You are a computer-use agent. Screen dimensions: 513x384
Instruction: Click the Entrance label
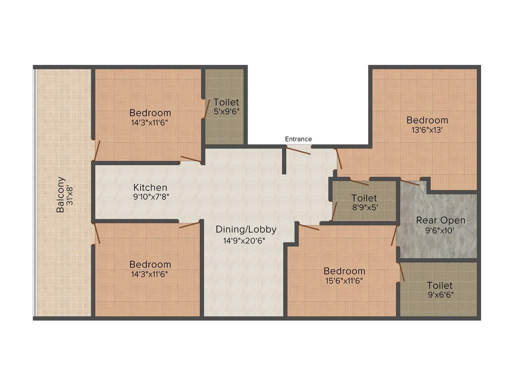tap(299, 139)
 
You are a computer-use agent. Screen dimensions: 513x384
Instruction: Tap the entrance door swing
tap(299, 150)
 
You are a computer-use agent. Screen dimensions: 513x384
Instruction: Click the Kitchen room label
tap(150, 187)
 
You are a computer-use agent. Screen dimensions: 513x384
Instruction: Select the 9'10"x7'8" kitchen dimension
tap(151, 197)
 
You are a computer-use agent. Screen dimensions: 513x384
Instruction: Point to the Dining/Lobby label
tap(246, 229)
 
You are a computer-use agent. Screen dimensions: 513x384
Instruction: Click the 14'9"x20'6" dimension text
tap(244, 241)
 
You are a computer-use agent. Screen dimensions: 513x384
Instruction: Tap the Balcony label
tap(61, 194)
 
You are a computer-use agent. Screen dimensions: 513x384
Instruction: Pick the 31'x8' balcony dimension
tap(70, 195)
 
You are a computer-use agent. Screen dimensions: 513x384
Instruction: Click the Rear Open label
tap(441, 220)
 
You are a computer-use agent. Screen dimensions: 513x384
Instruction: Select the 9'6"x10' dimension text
tap(440, 230)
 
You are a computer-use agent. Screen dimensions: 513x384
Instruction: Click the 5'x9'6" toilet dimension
tap(226, 111)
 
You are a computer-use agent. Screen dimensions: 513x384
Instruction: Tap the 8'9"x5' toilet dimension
tap(365, 207)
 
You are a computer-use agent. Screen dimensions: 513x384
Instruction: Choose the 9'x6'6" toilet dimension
tap(441, 295)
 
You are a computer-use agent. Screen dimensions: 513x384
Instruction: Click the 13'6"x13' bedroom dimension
tap(427, 130)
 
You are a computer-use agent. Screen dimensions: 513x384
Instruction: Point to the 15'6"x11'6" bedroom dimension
tap(344, 281)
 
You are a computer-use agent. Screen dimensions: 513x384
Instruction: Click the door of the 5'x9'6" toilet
tap(207, 109)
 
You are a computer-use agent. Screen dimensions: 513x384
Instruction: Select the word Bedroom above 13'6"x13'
tap(427, 120)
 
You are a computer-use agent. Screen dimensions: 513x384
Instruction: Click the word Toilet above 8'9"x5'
tap(364, 198)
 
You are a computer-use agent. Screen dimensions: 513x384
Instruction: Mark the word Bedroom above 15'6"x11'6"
tap(345, 271)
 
